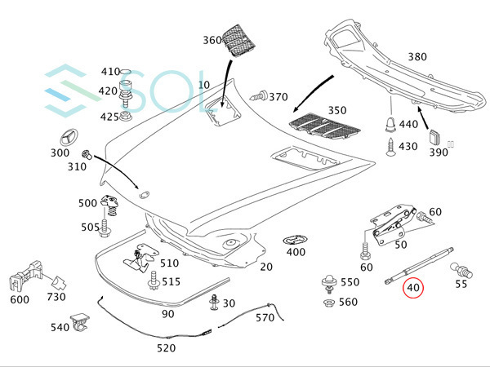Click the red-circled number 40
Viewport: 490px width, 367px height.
click(412, 287)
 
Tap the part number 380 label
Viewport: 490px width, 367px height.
click(417, 57)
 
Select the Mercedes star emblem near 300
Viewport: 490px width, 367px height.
click(60, 135)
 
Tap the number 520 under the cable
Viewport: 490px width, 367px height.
click(166, 347)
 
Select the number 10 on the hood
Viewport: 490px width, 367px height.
click(203, 85)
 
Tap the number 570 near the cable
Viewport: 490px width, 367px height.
click(265, 317)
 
